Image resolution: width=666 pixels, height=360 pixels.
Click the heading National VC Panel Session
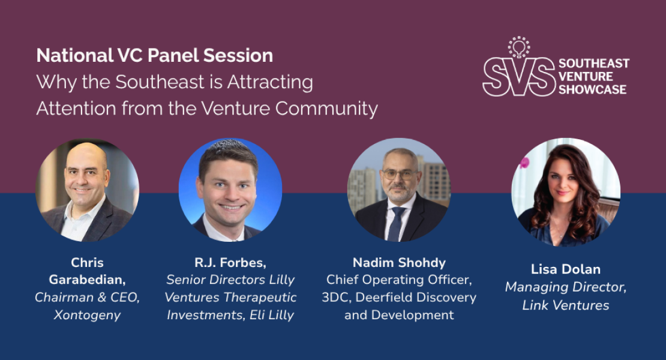(154, 56)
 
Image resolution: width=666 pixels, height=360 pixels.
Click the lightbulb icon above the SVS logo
(518, 47)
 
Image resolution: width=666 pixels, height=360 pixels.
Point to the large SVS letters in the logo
(519, 77)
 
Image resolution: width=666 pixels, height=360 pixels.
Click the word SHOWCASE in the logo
(592, 89)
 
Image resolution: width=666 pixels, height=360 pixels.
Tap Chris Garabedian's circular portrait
(88, 191)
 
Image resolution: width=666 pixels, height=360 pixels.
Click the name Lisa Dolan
(565, 269)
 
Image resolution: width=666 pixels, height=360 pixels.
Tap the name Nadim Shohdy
(398, 262)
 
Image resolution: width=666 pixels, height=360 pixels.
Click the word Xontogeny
(88, 315)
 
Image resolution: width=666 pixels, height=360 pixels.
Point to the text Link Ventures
(565, 305)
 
